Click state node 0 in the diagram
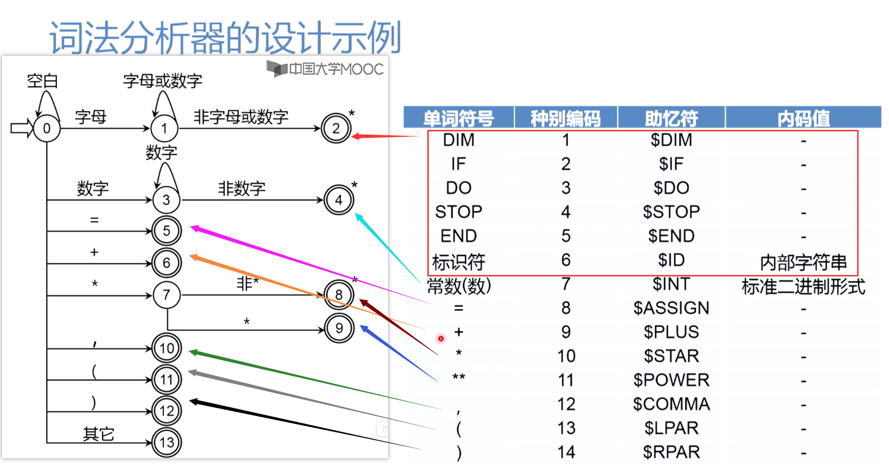tap(47, 128)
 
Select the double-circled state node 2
tap(336, 128)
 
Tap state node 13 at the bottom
tap(166, 443)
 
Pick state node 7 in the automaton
tap(166, 295)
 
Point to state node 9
tap(339, 328)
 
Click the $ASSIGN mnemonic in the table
tap(671, 308)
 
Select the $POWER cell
tap(671, 380)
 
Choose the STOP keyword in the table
tap(458, 212)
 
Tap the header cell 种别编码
tap(565, 118)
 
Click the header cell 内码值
tap(803, 118)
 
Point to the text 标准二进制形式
tap(803, 286)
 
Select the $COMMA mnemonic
tap(671, 404)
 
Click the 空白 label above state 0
tap(42, 81)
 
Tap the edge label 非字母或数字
tap(240, 117)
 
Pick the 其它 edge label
tap(98, 434)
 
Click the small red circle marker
tap(441, 338)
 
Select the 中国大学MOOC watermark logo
tap(325, 69)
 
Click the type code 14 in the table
tap(566, 452)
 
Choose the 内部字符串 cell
tap(803, 262)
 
